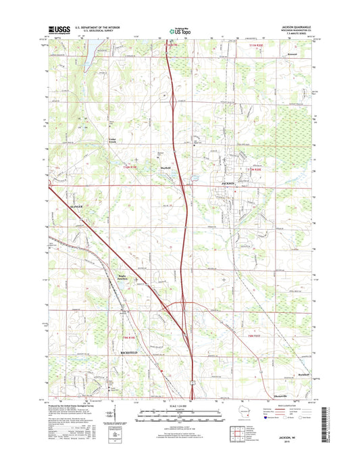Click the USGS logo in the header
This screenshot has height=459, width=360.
coord(57,30)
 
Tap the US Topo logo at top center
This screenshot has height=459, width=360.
coord(178,30)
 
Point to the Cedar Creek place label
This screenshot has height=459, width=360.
coord(113,141)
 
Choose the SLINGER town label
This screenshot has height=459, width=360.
coord(58,201)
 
